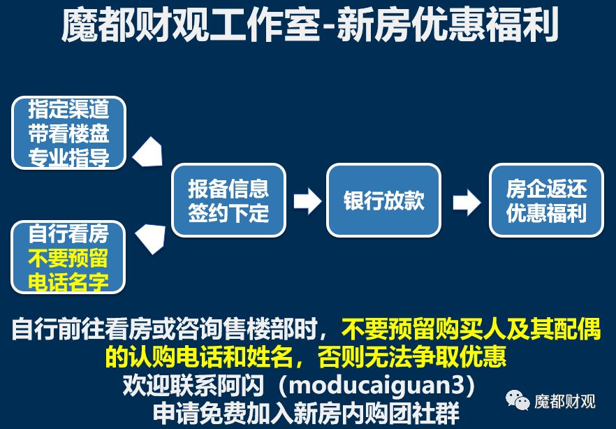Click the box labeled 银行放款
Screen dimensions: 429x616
[x=383, y=201]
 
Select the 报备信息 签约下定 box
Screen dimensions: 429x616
[x=228, y=201]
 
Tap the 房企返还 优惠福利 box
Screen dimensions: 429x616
[x=546, y=201]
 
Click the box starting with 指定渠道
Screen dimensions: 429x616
[x=68, y=133]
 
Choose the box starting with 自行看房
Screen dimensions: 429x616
[x=68, y=256]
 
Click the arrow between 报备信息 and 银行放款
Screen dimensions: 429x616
[x=307, y=201]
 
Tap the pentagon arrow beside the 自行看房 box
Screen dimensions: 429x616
[x=149, y=238]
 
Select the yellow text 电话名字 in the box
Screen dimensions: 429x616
[x=68, y=281]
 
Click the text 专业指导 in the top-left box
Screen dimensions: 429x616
[x=68, y=157]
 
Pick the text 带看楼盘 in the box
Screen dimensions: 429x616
[x=68, y=133]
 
